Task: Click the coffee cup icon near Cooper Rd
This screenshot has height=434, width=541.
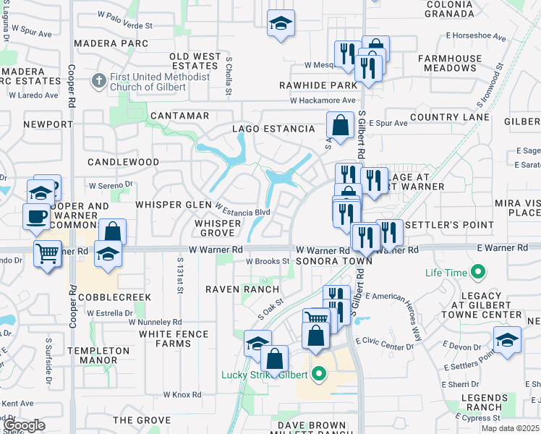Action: click(x=36, y=216)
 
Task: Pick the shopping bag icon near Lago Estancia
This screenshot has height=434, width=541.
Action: click(x=340, y=125)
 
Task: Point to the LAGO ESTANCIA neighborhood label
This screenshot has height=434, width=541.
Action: click(x=273, y=129)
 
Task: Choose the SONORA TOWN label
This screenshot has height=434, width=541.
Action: click(x=333, y=260)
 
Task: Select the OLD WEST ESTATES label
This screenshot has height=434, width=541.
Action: click(x=195, y=61)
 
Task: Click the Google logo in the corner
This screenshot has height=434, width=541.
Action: click(x=25, y=425)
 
